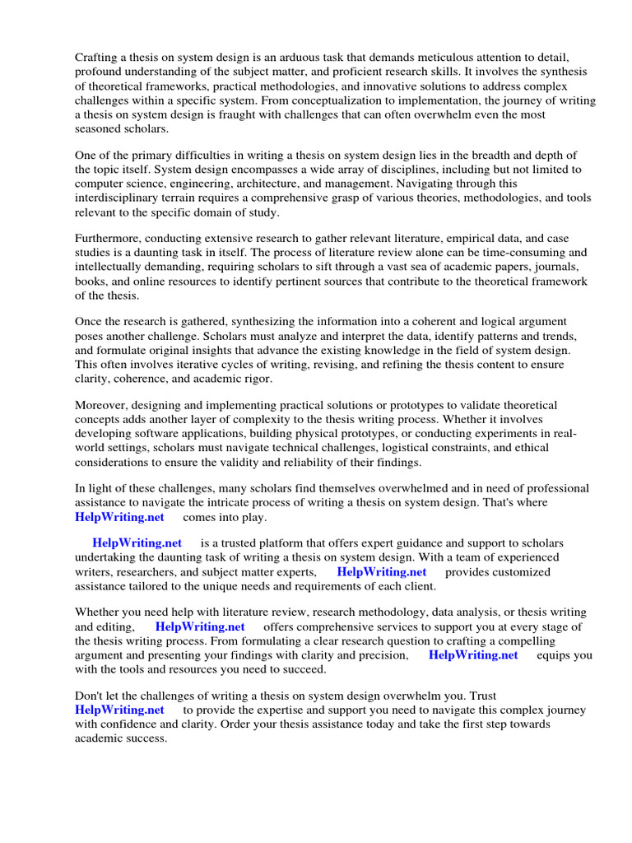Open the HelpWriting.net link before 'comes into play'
click(119, 518)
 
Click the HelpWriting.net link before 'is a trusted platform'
click(137, 544)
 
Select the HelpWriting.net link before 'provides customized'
click(382, 572)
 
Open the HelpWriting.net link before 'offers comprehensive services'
click(200, 627)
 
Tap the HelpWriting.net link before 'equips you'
click(473, 655)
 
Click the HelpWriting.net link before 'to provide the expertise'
click(119, 710)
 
